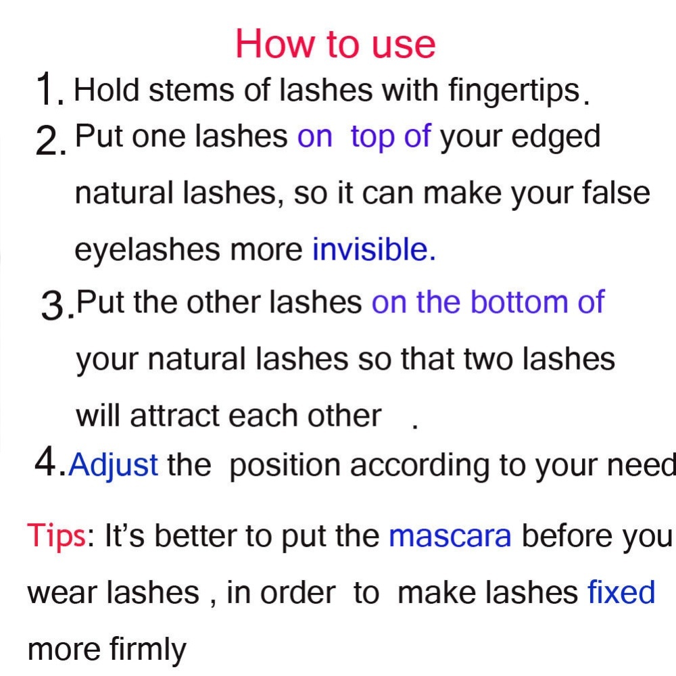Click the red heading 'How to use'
pos(335,43)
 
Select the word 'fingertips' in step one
pos(514,92)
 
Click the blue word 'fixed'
pos(621,591)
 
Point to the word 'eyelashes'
pos(147,250)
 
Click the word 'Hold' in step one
pos(107,90)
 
